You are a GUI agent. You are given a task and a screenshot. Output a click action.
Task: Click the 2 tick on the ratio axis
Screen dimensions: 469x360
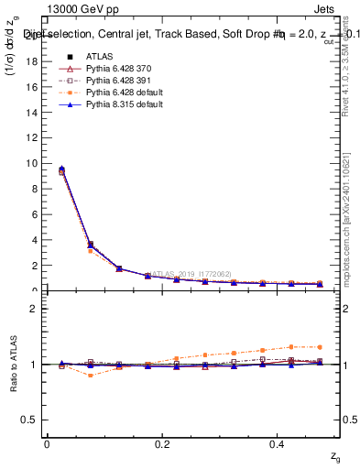click(x=34, y=309)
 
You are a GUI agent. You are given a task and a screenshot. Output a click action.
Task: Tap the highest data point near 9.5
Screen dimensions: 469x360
click(x=61, y=169)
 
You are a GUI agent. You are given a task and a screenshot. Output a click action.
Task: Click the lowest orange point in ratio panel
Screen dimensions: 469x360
click(x=90, y=376)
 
